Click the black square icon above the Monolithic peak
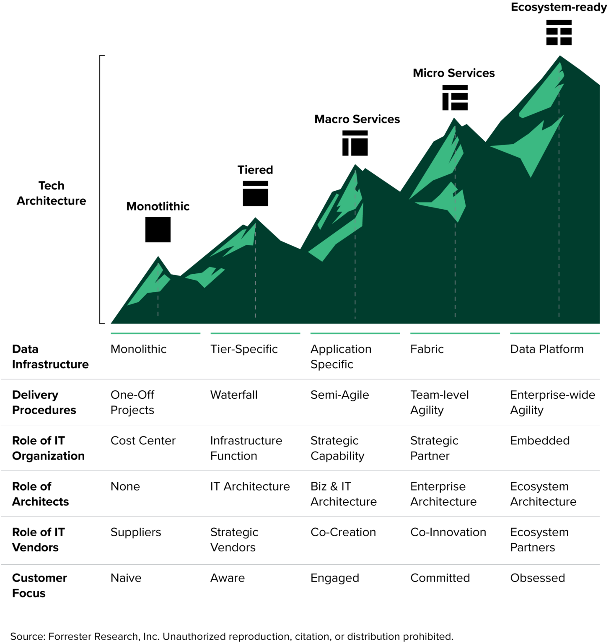point(158,229)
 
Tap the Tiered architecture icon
point(255,193)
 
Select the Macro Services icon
point(355,143)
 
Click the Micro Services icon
point(455,98)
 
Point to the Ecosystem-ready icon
point(559,32)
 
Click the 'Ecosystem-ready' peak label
point(559,7)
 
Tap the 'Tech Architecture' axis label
point(51,193)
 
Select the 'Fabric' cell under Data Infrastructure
point(427,349)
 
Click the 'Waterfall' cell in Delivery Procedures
point(234,395)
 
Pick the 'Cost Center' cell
point(143,440)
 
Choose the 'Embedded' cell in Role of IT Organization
point(540,440)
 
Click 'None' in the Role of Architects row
point(125,486)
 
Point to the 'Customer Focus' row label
point(39,585)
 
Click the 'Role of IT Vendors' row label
point(39,540)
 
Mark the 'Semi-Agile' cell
point(339,395)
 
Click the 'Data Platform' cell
point(546,349)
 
